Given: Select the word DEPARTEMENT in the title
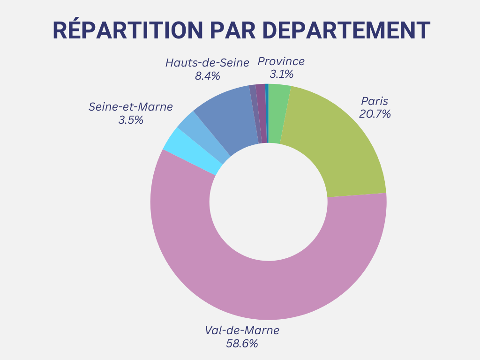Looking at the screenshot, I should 346,30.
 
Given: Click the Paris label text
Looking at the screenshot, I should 375,101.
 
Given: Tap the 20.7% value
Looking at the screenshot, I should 375,114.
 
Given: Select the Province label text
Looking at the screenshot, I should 281,61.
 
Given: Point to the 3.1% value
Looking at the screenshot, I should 281,74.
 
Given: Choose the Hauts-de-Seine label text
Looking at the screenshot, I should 207,63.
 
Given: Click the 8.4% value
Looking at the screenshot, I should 207,76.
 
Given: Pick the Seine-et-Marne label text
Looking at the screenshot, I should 131,107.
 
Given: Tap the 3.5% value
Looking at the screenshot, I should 131,120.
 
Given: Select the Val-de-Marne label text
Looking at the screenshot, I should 242,330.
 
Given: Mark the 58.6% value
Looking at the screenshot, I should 242,344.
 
